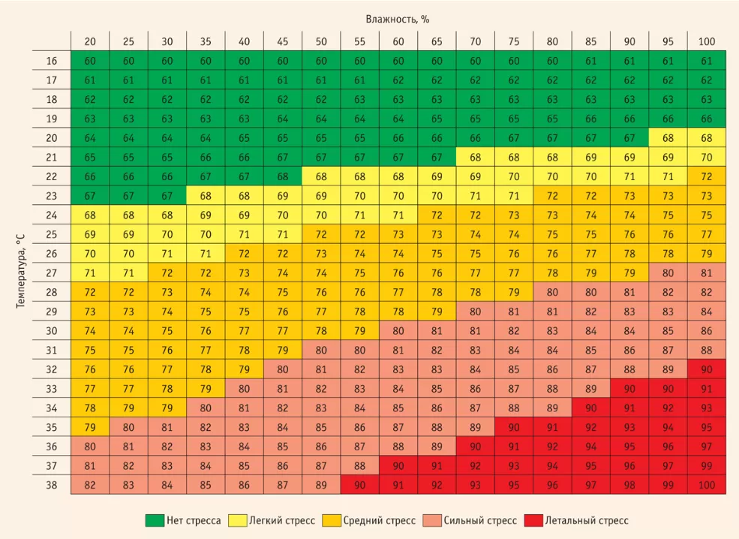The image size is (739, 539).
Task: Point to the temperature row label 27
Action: (x=51, y=273)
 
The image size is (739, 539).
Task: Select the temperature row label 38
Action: (x=51, y=485)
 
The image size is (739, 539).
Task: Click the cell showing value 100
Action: (x=706, y=485)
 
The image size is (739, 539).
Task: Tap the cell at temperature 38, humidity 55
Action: (x=360, y=485)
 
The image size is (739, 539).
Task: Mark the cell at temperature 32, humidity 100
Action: (x=706, y=369)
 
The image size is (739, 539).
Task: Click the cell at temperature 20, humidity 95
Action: (x=668, y=138)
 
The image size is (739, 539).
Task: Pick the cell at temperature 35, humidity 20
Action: (x=90, y=427)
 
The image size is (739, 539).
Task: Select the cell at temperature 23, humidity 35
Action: (x=206, y=196)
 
